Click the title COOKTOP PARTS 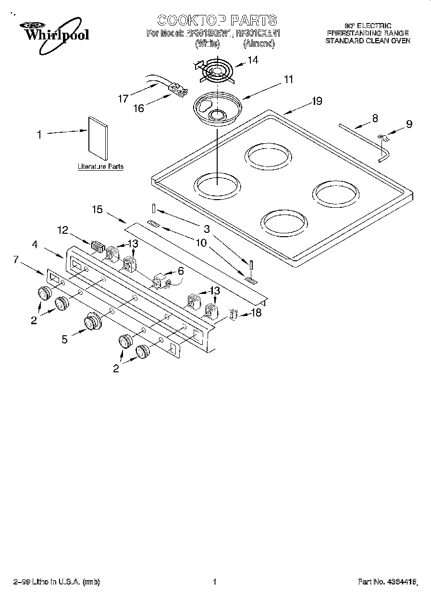tap(217, 20)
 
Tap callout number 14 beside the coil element tap(253, 60)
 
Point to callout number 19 tap(316, 101)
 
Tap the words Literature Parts tap(100, 167)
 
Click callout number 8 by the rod tap(375, 117)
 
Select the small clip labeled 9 tap(383, 138)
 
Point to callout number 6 tap(180, 271)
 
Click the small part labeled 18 tap(233, 315)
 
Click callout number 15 tap(98, 209)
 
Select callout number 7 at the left tap(16, 259)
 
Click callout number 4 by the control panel tap(35, 244)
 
